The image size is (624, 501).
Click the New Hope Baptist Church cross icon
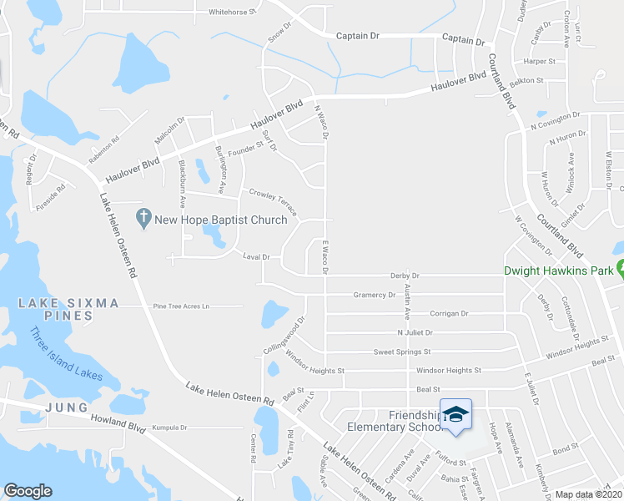[143, 220]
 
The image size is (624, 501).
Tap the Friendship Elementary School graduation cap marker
[455, 415]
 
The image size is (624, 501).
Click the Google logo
[28, 491]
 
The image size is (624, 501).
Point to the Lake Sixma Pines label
[68, 309]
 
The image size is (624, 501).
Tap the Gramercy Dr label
[374, 295]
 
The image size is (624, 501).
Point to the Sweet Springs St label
[402, 352]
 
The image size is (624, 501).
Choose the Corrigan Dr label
[449, 313]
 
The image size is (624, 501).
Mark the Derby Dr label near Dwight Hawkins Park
[404, 276]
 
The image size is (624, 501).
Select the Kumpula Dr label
[169, 428]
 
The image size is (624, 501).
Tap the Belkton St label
[526, 81]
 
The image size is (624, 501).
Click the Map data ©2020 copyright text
[589, 494]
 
